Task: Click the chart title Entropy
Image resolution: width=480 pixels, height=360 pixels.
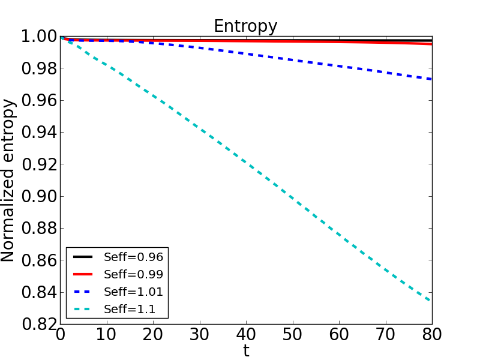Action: pos(245,26)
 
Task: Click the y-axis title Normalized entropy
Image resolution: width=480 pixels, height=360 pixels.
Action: pos(8,181)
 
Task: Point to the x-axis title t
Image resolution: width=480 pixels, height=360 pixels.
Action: pos(246,351)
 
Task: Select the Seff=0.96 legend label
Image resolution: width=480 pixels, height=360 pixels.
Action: pos(133,257)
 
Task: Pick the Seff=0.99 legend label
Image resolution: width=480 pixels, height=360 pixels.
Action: pos(133,274)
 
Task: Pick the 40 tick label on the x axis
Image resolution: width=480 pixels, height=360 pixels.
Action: pos(246,335)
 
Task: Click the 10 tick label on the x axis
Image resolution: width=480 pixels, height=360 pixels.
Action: pos(107,335)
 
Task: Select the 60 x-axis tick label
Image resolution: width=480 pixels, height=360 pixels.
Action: pos(339,335)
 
